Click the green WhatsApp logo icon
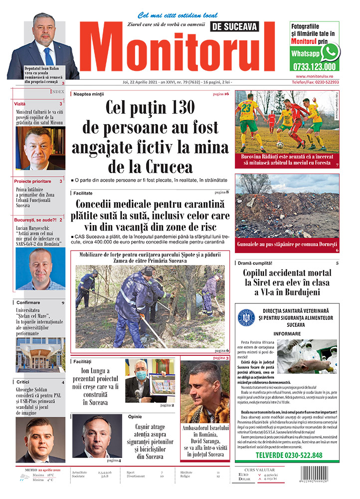pyautogui.click(x=330, y=52)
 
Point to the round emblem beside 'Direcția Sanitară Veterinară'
pyautogui.click(x=246, y=317)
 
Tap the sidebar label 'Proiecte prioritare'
pyautogui.click(x=32, y=181)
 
